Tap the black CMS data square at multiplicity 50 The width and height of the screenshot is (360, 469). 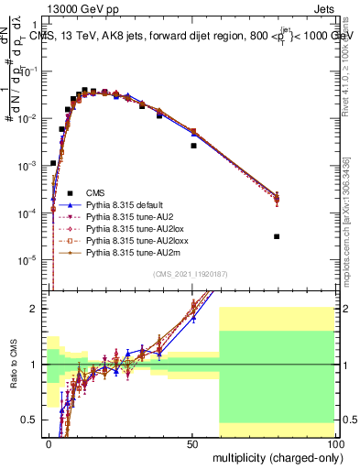click(x=193, y=146)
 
